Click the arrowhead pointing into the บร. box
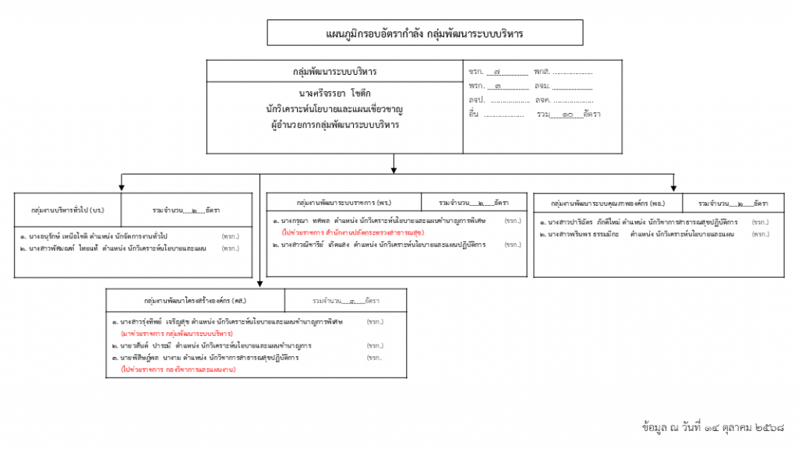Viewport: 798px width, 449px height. pos(122,187)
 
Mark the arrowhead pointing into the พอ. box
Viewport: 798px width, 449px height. pos(673,186)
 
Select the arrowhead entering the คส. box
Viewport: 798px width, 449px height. pos(260,284)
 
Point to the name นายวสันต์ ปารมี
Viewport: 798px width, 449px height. pos(147,345)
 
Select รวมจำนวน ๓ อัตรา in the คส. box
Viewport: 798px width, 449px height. pos(345,300)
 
